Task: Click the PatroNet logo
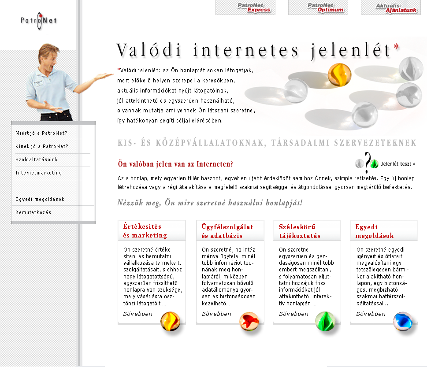39,21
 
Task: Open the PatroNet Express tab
245,7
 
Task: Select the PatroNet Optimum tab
318,7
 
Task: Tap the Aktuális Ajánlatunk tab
390,7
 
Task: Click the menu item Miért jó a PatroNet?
41,133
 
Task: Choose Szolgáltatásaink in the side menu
37,159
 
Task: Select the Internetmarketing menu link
39,173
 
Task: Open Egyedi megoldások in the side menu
40,199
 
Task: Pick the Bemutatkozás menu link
33,212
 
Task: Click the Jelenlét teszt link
398,164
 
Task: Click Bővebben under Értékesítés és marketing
138,314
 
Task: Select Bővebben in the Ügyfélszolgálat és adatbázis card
216,314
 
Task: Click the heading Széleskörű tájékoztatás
300,231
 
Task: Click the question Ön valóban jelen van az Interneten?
175,164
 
